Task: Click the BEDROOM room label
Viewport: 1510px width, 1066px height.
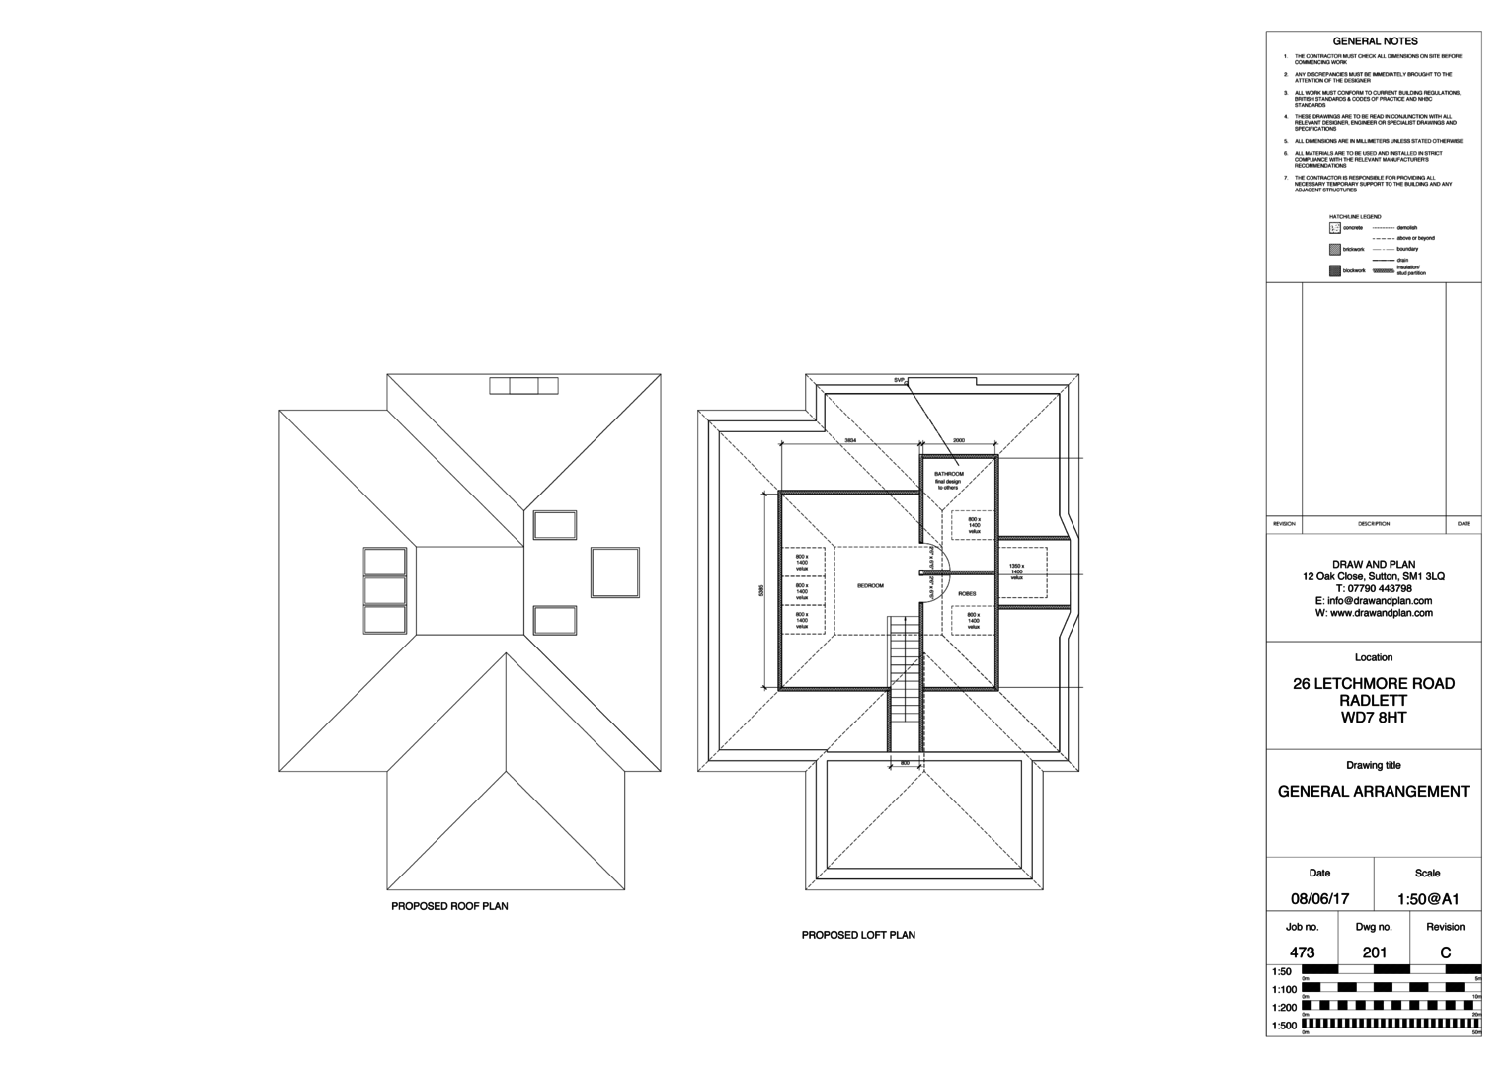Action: (869, 586)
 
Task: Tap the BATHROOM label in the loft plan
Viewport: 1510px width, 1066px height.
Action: (948, 474)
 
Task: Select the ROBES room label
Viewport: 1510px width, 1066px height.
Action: (967, 593)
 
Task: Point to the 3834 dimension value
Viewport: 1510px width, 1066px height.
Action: (849, 440)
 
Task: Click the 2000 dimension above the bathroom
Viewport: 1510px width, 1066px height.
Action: (958, 440)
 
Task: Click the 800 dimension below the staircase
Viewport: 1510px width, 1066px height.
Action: (904, 763)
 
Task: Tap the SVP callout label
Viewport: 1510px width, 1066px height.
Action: (899, 380)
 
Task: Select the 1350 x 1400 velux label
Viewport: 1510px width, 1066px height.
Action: (1016, 571)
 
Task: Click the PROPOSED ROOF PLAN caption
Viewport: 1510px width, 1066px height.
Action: (449, 906)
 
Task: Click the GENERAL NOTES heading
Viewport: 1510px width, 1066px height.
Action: (1375, 41)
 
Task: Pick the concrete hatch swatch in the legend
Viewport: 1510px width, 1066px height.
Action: (1335, 228)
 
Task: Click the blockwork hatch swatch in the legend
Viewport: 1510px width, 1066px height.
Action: (1335, 270)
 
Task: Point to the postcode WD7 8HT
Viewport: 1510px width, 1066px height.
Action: (1373, 718)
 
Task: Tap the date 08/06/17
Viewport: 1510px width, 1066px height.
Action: (1319, 899)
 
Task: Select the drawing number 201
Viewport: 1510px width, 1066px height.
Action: (1374, 952)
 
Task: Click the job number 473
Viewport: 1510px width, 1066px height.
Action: (1302, 952)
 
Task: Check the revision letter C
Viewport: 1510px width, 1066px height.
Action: (1446, 952)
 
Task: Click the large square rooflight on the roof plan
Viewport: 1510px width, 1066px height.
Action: (616, 571)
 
